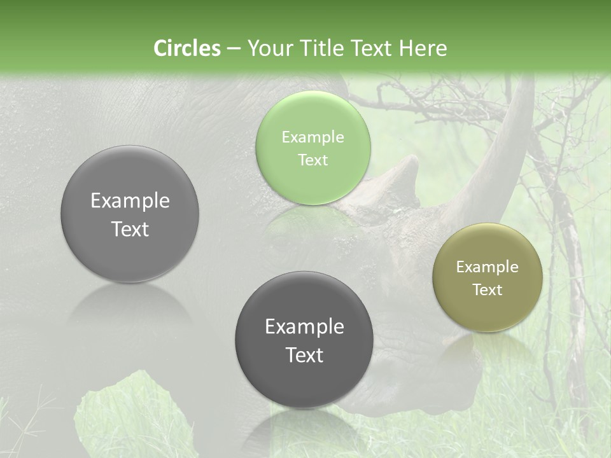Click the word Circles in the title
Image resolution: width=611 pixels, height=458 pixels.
[x=187, y=48]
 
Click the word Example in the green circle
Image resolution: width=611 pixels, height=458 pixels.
[x=313, y=137]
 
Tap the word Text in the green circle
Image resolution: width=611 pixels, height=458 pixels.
[x=313, y=160]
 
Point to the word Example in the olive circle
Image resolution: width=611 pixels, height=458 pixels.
[x=488, y=267]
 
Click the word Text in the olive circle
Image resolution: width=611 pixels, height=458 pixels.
[x=488, y=289]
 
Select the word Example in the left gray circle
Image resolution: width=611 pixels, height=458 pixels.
[x=130, y=200]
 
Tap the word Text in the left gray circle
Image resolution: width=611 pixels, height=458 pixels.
[x=130, y=229]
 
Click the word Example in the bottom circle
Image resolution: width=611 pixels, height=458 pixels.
[x=304, y=326]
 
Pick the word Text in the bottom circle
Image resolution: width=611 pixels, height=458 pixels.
[x=304, y=355]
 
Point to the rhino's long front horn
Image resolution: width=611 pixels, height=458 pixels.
[x=503, y=146]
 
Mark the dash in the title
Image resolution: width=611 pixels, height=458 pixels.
[x=234, y=49]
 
